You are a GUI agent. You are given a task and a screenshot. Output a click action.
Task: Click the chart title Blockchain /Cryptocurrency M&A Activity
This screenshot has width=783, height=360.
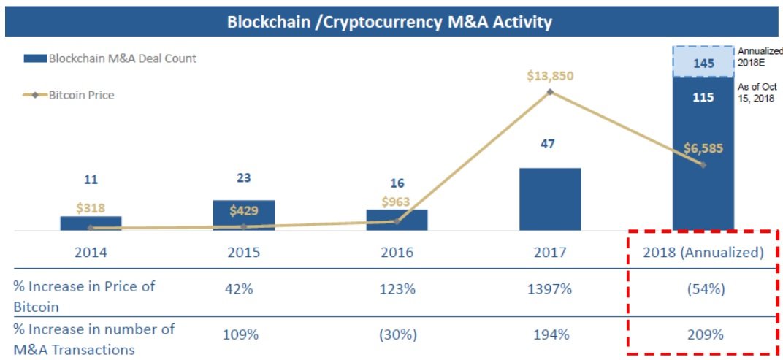389,22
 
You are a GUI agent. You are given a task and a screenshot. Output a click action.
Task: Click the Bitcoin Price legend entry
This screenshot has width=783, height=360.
81,95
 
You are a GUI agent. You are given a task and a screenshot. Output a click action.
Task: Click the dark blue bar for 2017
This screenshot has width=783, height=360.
549,199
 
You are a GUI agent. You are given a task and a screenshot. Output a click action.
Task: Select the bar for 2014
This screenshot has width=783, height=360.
91,223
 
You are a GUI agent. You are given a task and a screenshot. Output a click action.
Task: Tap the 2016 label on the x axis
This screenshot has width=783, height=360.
397,253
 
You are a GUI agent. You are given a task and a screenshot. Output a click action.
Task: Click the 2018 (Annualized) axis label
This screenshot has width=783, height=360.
703,253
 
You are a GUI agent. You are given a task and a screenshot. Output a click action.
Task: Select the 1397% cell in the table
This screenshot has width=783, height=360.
550,289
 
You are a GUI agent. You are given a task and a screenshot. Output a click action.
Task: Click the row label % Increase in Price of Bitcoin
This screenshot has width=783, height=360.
84,296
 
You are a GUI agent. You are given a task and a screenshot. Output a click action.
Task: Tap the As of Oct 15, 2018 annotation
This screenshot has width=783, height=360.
757,92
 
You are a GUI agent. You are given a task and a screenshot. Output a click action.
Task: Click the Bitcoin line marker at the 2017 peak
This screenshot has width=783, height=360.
550,92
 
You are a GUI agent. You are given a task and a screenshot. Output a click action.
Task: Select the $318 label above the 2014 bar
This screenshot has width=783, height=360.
91,208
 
